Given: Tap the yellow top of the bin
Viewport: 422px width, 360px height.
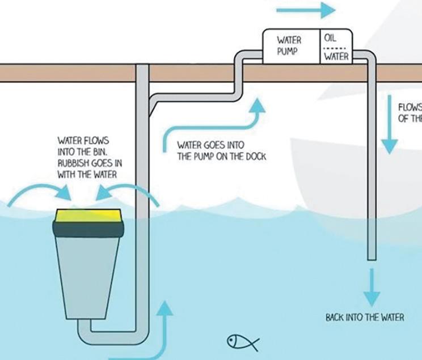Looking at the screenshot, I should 88,215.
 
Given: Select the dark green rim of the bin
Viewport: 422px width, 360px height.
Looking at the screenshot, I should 88,229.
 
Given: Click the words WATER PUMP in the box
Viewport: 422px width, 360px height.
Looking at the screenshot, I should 289,46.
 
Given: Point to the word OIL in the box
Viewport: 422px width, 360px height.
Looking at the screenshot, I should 330,39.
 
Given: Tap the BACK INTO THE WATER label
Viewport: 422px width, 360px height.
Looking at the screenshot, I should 365,317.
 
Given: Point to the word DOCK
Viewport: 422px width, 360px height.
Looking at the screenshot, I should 255,156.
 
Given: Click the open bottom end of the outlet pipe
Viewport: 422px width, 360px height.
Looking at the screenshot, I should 372,259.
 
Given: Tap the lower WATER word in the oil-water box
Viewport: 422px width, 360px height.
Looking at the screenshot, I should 336,57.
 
